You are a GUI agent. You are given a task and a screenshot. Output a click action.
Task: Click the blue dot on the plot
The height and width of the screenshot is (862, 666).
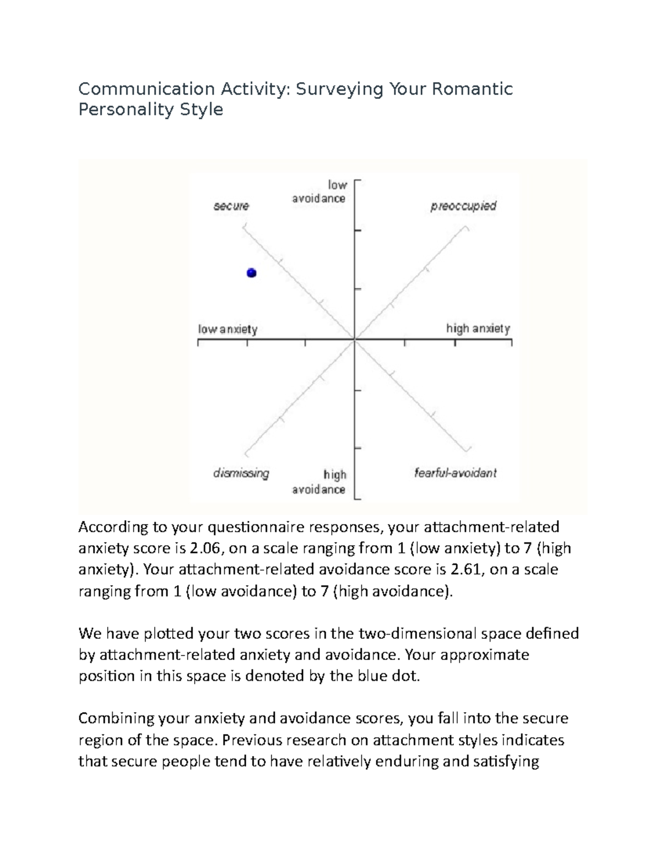[251, 273]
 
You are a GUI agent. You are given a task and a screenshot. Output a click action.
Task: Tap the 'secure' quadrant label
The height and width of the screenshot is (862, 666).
[231, 206]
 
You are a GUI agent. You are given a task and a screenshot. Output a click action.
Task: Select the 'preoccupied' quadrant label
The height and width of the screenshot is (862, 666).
[463, 206]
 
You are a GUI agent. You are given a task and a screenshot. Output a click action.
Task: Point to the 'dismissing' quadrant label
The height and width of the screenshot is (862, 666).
[241, 473]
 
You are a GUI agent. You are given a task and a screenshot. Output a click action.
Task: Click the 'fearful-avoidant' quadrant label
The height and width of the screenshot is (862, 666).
[455, 473]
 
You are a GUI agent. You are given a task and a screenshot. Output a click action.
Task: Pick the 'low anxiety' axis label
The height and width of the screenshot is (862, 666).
[228, 329]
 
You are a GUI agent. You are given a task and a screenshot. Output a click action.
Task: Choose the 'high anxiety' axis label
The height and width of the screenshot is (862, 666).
[478, 329]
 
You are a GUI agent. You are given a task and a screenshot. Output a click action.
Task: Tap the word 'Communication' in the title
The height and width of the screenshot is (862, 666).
[147, 89]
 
